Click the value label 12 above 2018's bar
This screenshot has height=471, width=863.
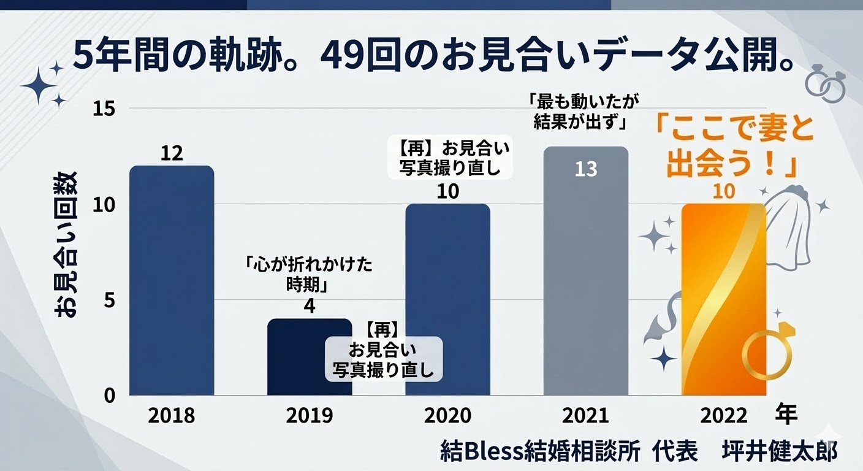pyautogui.click(x=172, y=153)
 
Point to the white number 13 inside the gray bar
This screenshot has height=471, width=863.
pyautogui.click(x=586, y=169)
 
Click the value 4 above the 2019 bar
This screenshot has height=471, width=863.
pyautogui.click(x=310, y=305)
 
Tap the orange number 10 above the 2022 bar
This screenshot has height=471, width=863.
pyautogui.click(x=724, y=191)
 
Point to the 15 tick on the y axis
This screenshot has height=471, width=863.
pyautogui.click(x=104, y=109)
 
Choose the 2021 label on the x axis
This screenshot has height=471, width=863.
pyautogui.click(x=586, y=416)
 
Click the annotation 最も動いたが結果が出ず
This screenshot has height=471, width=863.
pyautogui.click(x=579, y=111)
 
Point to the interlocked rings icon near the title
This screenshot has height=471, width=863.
pyautogui.click(x=825, y=83)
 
